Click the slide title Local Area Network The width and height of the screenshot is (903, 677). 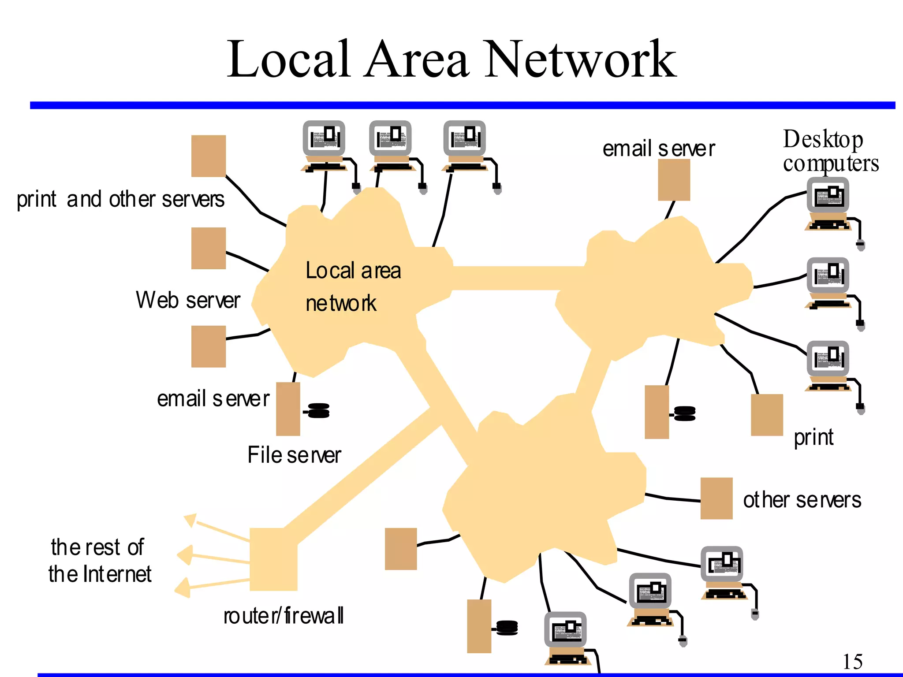click(451, 60)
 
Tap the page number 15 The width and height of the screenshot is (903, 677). click(852, 661)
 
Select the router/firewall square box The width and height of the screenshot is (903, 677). click(273, 559)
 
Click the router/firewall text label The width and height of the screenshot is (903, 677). click(284, 616)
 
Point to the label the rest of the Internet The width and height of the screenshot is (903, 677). click(99, 561)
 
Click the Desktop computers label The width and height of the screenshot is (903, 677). click(830, 151)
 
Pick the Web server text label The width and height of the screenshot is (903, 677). click(188, 300)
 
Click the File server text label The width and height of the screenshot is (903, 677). click(294, 455)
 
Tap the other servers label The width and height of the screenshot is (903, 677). click(802, 500)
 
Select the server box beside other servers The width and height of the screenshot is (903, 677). click(716, 498)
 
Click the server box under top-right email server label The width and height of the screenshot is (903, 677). click(674, 180)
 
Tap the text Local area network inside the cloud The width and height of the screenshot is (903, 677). click(353, 286)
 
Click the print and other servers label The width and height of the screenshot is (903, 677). click(120, 199)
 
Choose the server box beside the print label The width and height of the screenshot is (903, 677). click(767, 415)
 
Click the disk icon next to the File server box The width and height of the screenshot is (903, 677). click(318, 410)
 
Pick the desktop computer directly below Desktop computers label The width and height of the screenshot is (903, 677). click(828, 203)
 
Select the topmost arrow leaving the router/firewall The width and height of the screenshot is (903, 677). click(190, 520)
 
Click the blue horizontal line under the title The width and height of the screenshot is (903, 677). click(462, 105)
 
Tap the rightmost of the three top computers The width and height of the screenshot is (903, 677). click(465, 145)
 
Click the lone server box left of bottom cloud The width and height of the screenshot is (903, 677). click(401, 549)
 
